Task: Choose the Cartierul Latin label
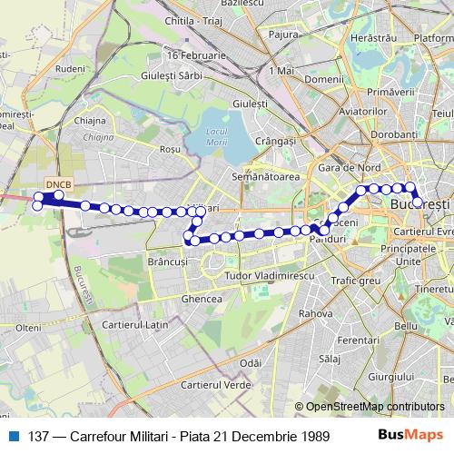136,324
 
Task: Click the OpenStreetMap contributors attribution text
374,407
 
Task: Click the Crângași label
276,142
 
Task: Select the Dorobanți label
392,133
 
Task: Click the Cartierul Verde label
215,385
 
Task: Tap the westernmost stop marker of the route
37,205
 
